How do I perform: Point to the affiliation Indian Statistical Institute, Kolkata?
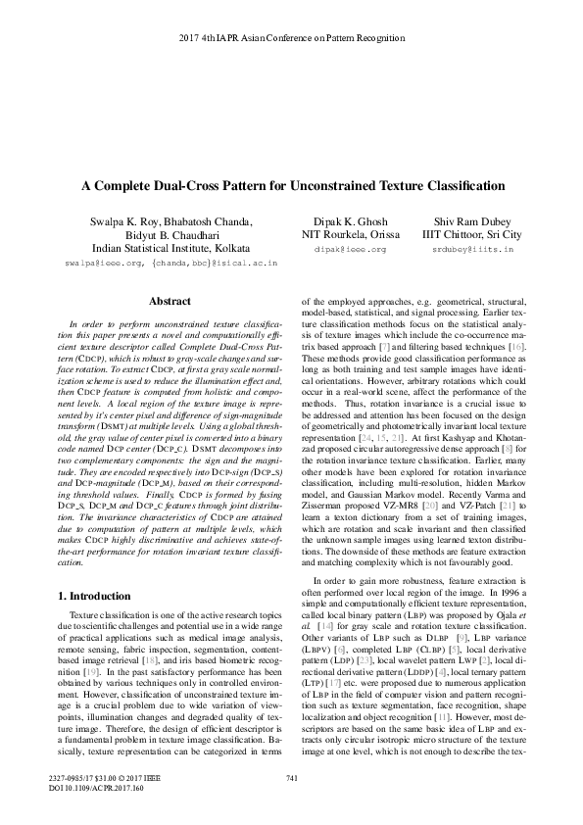point(171,249)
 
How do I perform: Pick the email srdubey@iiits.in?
point(479,251)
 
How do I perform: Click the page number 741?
point(291,804)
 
